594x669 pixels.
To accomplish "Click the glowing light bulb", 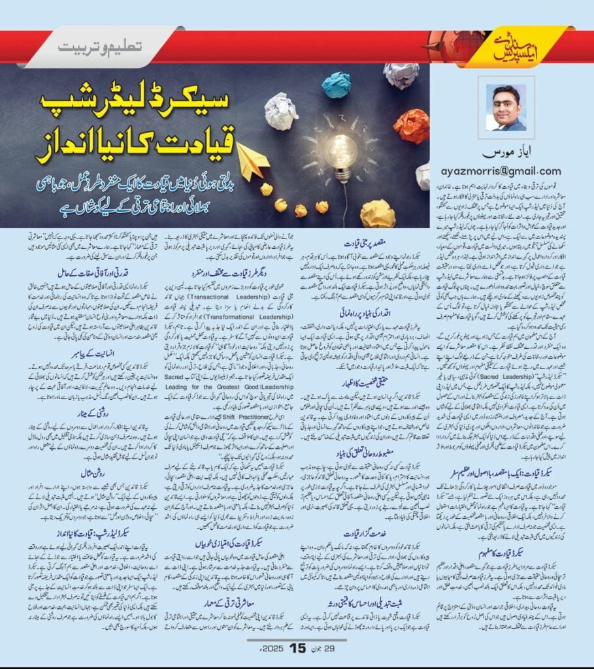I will [x=342, y=151].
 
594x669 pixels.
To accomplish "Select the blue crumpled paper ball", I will [x=337, y=85].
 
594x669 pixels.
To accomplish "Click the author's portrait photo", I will [x=507, y=108].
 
